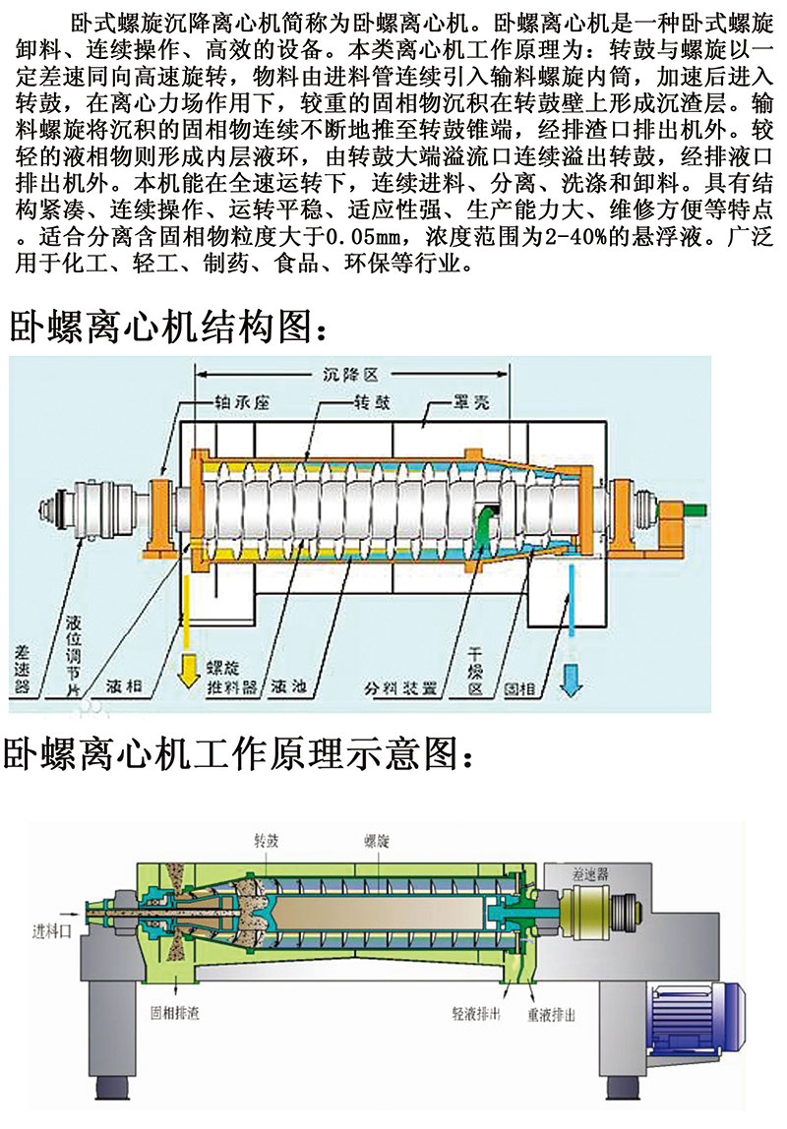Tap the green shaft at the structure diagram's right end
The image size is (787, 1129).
click(696, 508)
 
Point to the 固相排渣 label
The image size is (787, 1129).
click(173, 1012)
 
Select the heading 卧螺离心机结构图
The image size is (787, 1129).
click(163, 326)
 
